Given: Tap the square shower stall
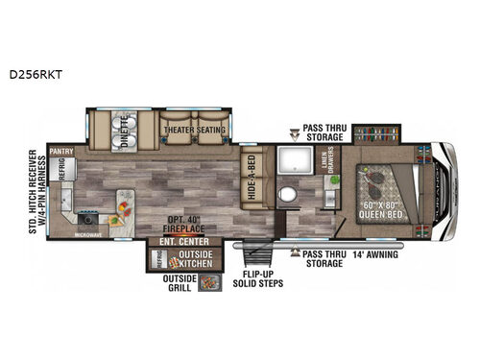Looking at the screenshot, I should coord(291,162).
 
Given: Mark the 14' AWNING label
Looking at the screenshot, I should coord(372,254).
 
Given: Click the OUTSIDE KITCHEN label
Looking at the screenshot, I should coord(193,258).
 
